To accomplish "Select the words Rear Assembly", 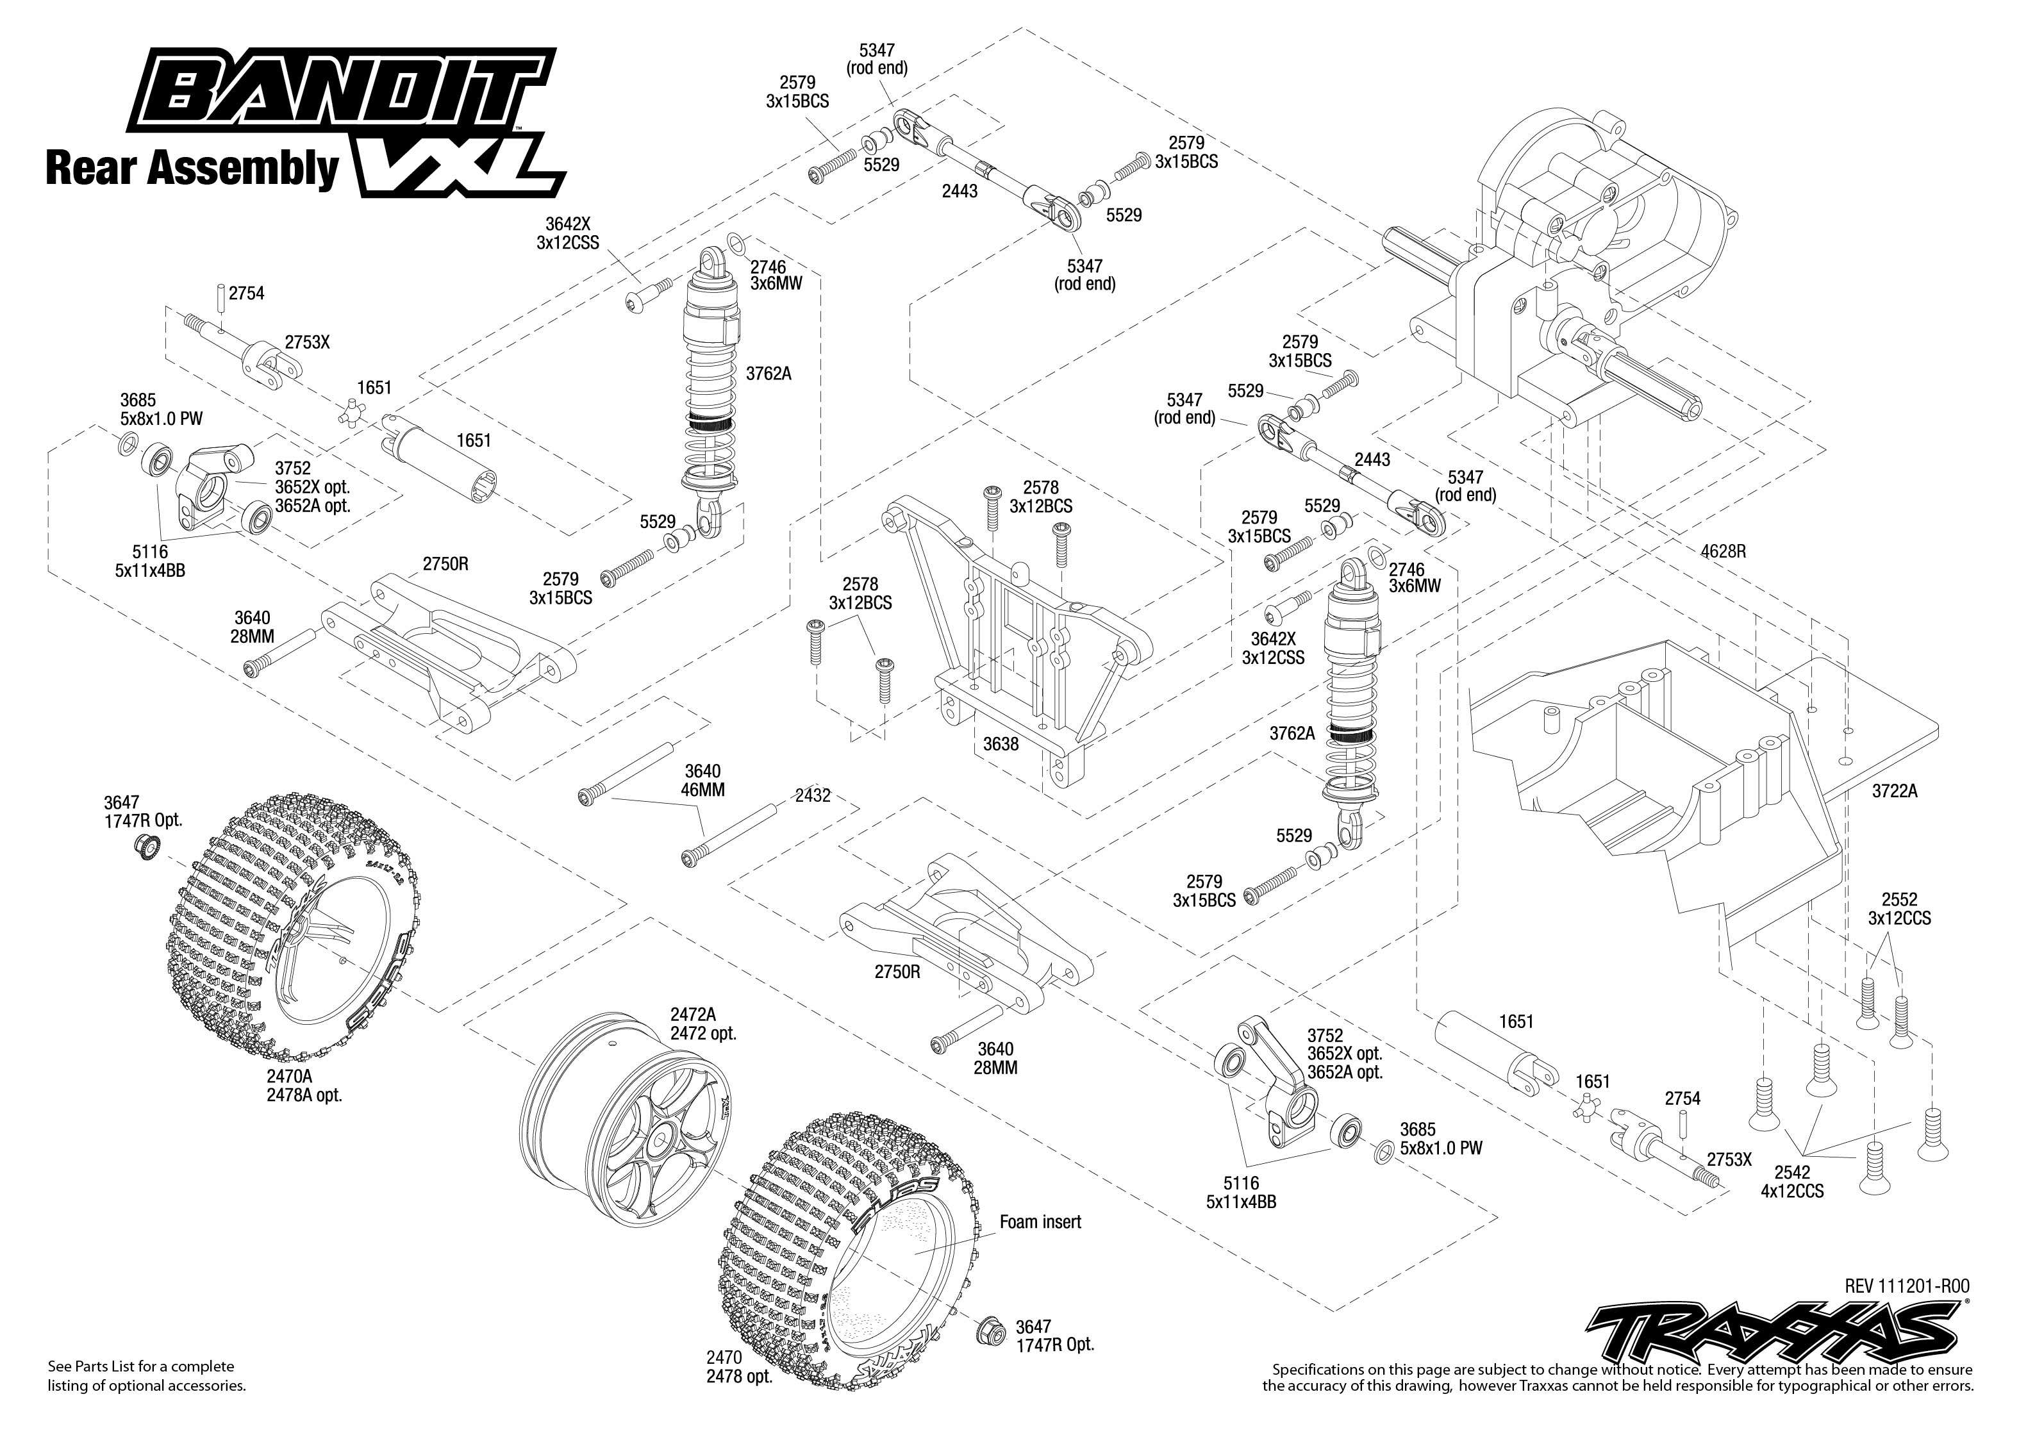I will [191, 168].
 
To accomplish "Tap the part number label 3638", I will [1000, 744].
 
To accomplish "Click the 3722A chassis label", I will [1894, 791].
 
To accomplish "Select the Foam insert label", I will [1040, 1222].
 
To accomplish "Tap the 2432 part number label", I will [811, 795].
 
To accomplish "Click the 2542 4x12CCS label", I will [1791, 1182].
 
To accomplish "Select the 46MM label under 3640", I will [702, 790].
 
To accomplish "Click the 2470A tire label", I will [303, 1085].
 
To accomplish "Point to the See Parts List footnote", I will [147, 1375].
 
